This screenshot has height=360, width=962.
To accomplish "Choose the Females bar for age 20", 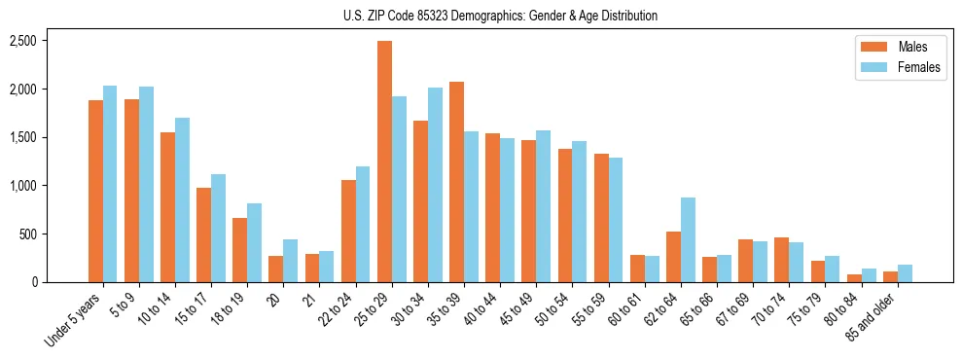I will click(x=291, y=261).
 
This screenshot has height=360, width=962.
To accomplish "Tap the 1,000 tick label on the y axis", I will click(x=23, y=186).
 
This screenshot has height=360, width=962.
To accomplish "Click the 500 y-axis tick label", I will click(x=29, y=234).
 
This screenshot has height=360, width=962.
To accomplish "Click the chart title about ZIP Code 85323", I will click(x=500, y=16).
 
